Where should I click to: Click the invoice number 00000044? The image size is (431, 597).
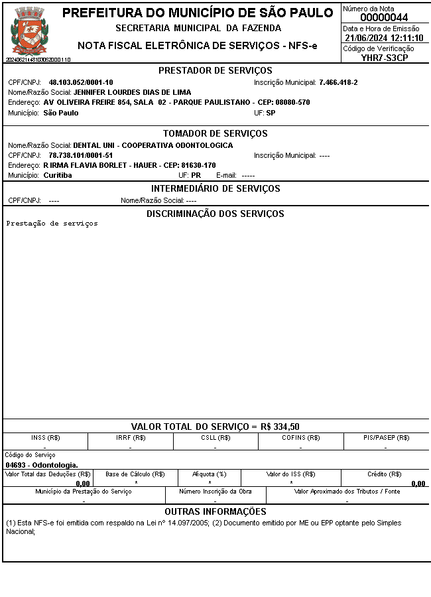[x=384, y=18]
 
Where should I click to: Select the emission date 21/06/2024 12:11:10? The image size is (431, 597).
[x=384, y=38]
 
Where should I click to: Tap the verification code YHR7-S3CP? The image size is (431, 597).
[x=385, y=58]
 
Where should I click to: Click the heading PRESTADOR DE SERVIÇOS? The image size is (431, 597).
[x=215, y=71]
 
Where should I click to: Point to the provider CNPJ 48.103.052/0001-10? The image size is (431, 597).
[x=81, y=82]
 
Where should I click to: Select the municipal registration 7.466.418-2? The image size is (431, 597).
[x=338, y=82]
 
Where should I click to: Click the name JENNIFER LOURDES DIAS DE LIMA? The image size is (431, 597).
[x=132, y=92]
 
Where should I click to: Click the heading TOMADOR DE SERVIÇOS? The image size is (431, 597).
[x=215, y=134]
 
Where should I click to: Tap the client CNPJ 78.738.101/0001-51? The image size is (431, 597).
[x=81, y=155]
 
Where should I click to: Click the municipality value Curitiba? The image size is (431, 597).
[x=58, y=176]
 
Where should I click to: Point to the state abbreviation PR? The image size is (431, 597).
[x=196, y=176]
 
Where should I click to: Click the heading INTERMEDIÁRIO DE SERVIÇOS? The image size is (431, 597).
[x=215, y=189]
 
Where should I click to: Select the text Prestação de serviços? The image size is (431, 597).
[x=52, y=224]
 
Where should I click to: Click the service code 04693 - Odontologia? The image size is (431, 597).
[x=42, y=465]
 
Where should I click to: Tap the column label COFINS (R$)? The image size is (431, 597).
[x=300, y=438]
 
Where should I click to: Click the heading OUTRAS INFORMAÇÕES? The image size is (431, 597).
[x=215, y=511]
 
